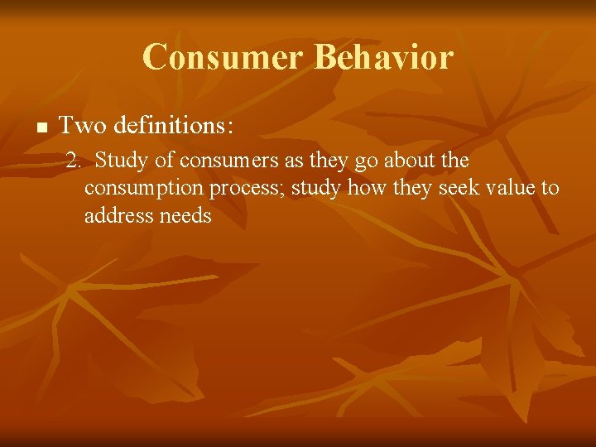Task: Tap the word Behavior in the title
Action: coord(384,57)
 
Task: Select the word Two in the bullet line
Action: coord(79,126)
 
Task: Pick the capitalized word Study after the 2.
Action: coord(121,161)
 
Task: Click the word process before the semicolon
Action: coord(245,189)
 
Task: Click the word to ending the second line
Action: coord(550,188)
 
